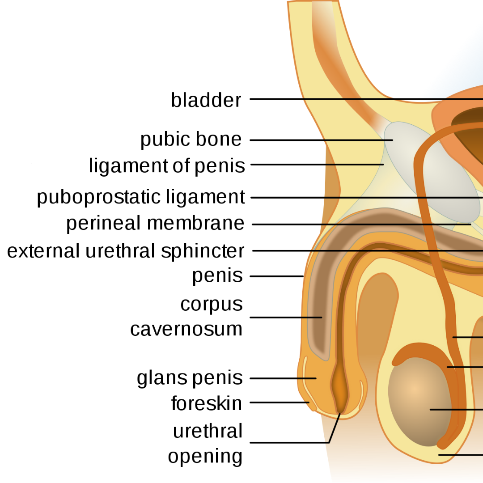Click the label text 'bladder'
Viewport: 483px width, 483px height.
click(x=206, y=100)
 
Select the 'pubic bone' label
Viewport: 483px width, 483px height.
click(x=191, y=139)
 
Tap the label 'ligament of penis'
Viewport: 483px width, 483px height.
click(x=167, y=165)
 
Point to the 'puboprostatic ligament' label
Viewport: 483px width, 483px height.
click(x=141, y=197)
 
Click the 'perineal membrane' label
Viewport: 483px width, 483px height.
click(x=155, y=223)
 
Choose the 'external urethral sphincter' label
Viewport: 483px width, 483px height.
click(x=126, y=251)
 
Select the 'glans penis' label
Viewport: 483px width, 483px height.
click(x=190, y=378)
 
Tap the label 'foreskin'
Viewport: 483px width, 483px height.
click(x=207, y=403)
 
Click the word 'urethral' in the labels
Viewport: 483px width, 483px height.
click(x=208, y=431)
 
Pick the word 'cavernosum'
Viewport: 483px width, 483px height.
click(x=186, y=329)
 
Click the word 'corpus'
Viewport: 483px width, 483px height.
click(x=212, y=304)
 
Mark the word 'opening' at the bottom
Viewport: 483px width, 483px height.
click(x=205, y=456)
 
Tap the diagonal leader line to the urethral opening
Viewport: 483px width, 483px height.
click(x=334, y=428)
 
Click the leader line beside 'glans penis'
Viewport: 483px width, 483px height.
click(x=283, y=378)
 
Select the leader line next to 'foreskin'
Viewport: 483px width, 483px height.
click(x=280, y=402)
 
